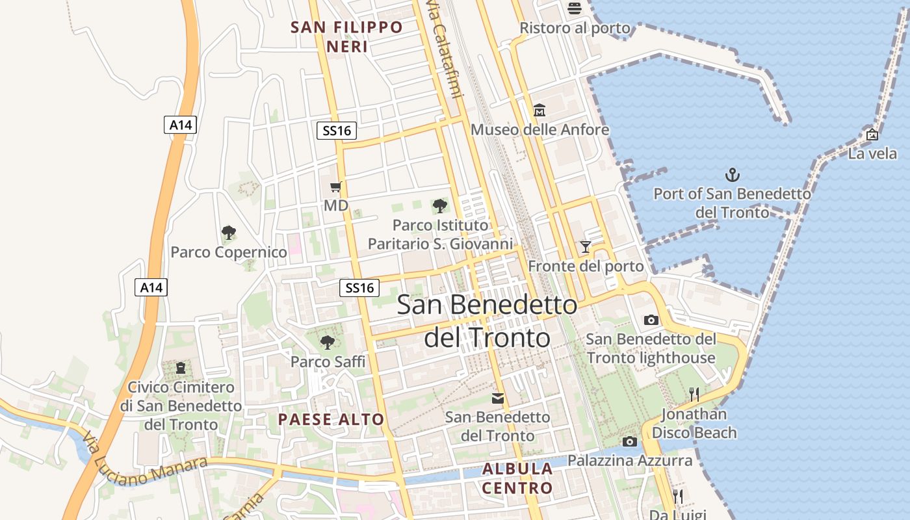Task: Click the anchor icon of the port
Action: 733,174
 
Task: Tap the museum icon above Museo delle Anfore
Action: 539,110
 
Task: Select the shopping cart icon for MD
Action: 335,187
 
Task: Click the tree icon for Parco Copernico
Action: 228,232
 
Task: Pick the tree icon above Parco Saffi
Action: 328,342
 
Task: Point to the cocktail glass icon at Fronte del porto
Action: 586,246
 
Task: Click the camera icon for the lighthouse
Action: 651,320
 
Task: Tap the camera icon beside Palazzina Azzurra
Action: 629,442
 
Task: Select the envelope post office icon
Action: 497,398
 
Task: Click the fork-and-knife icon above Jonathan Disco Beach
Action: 694,394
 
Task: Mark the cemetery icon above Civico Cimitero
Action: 180,368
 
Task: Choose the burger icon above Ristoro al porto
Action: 575,8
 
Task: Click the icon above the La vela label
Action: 872,135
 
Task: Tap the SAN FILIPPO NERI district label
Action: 347,36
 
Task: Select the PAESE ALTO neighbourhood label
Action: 331,419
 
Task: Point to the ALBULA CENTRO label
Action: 518,478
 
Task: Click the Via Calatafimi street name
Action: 444,49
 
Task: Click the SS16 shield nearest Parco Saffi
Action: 359,287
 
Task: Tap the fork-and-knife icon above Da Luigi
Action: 678,497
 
